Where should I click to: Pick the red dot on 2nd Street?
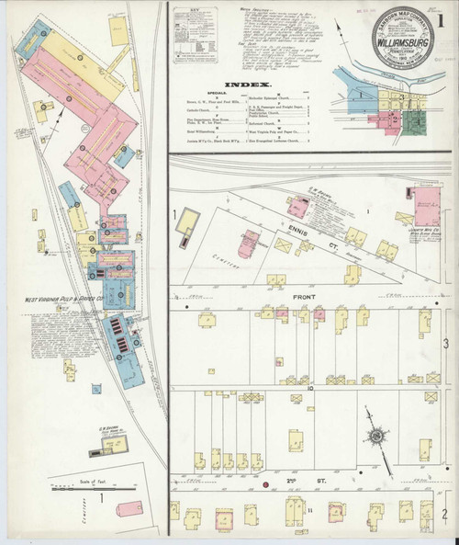(x=266, y=482)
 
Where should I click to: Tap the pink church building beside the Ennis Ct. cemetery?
(x=248, y=243)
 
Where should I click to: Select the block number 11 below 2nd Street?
(x=310, y=508)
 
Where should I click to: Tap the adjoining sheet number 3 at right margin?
(x=446, y=342)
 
